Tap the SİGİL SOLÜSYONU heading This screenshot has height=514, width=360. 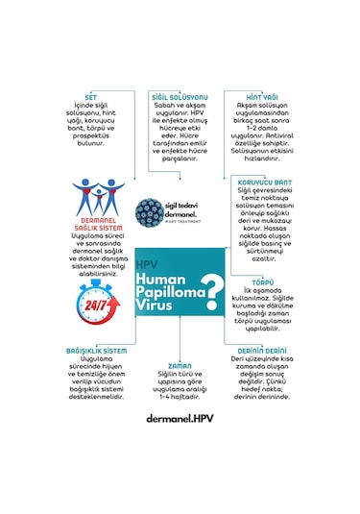click(180, 98)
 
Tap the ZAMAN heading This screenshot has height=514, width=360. click(180, 366)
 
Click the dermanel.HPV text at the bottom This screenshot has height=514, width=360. click(180, 419)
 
